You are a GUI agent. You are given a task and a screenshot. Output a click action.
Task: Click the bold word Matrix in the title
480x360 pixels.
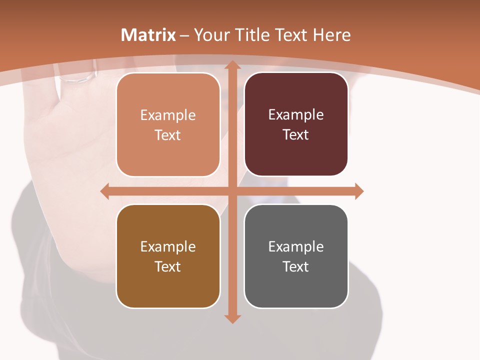148,35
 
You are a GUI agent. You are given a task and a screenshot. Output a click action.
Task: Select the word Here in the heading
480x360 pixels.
332,35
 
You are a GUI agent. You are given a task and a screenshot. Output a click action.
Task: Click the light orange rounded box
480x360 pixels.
168,124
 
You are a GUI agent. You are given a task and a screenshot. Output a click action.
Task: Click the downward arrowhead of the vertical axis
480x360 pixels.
232,318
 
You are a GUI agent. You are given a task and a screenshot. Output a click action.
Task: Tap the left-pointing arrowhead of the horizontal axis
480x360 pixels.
105,191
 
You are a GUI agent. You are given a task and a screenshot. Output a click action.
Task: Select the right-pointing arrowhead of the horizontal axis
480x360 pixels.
359,191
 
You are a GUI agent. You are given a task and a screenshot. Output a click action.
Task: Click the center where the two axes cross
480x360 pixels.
232,191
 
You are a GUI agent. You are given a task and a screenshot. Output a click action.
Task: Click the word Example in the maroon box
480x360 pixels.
296,115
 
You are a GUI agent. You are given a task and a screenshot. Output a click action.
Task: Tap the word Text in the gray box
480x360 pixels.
296,266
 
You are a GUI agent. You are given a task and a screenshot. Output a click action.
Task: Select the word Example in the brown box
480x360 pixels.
168,246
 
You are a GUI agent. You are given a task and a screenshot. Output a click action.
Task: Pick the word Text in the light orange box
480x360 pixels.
168,135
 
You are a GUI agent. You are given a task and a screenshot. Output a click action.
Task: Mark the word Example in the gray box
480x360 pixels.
296,246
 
